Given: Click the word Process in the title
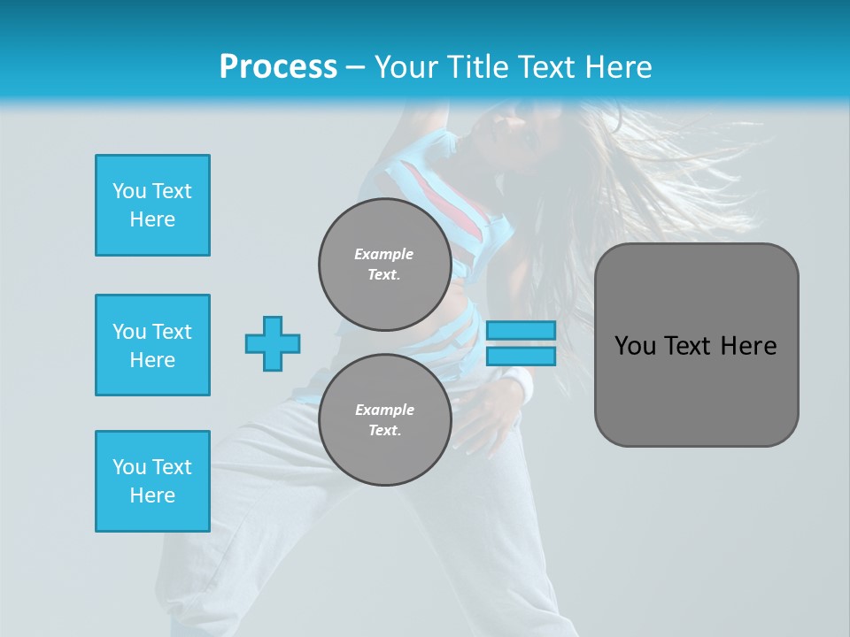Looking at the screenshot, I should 278,67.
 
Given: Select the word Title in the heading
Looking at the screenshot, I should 475,67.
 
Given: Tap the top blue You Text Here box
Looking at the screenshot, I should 152,205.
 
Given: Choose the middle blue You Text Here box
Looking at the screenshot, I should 152,345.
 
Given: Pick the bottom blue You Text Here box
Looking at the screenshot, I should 152,481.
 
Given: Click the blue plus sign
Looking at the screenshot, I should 273,343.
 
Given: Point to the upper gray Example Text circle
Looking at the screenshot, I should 384,264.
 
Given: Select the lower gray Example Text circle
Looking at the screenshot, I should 384,419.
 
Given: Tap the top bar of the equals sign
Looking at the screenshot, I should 521,331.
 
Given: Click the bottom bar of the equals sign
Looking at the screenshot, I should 521,356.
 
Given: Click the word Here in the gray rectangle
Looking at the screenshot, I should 748,346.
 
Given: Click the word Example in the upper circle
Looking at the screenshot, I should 384,254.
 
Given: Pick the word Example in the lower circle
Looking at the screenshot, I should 384,410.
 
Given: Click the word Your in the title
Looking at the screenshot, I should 406,67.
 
